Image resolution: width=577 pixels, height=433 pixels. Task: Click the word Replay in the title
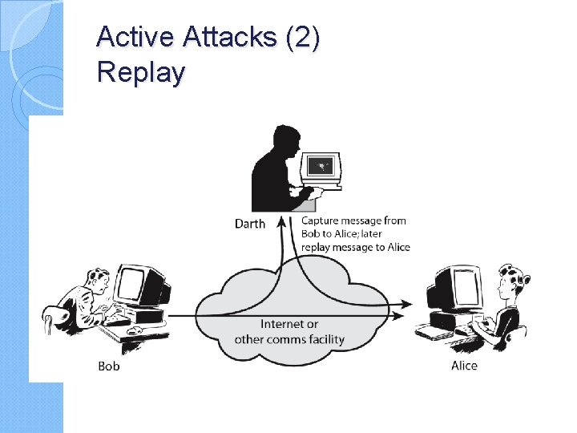pyautogui.click(x=141, y=72)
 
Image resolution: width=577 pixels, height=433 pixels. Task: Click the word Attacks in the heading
pyautogui.click(x=223, y=37)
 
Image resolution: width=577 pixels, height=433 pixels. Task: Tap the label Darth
pyautogui.click(x=249, y=224)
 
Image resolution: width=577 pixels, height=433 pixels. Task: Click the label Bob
pyautogui.click(x=109, y=366)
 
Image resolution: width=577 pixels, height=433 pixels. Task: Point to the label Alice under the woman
pyautogui.click(x=464, y=366)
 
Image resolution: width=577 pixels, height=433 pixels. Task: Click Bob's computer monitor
pyautogui.click(x=131, y=283)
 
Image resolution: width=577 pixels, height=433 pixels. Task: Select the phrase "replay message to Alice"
pyautogui.click(x=355, y=247)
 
